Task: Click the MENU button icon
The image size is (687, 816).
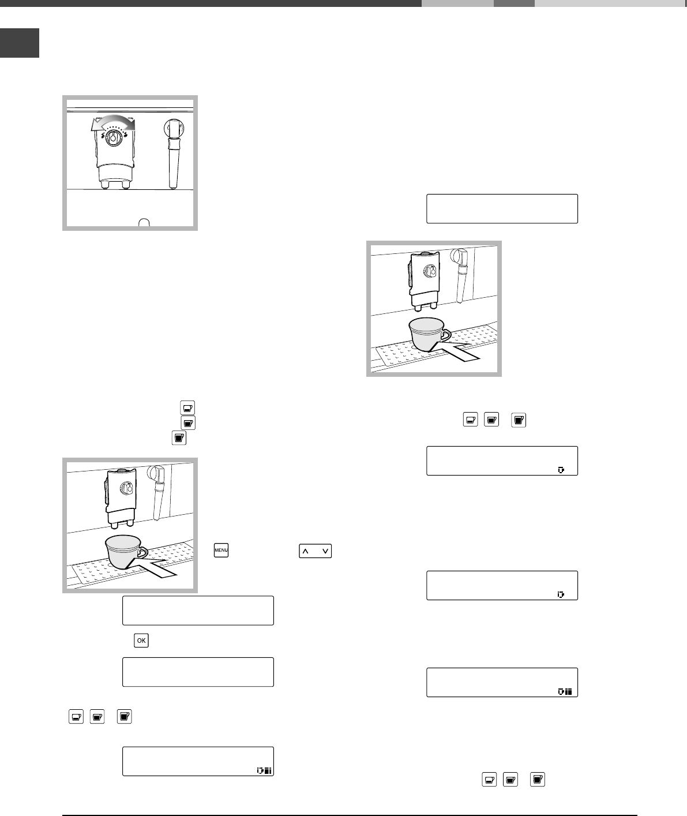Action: point(222,551)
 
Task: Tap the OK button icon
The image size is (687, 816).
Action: point(141,640)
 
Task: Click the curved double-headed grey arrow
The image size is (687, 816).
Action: point(113,123)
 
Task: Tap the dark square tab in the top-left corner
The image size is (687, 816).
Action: point(20,43)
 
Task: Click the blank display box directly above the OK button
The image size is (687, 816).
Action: point(198,611)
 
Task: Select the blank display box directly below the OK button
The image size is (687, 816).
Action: point(198,672)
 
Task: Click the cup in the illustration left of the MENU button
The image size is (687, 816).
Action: point(123,552)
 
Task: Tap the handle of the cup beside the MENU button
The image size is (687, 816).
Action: point(142,553)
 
